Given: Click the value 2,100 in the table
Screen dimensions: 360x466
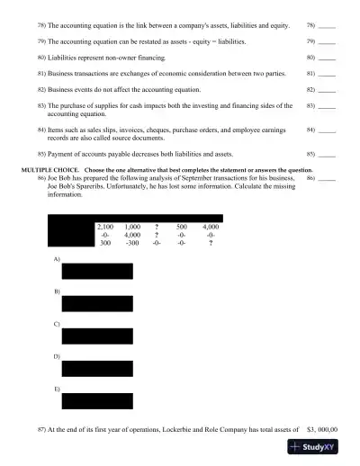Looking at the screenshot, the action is [x=105, y=228].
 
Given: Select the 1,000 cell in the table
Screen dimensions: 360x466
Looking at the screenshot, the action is [x=133, y=228].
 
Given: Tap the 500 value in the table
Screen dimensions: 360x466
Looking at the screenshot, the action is [x=182, y=228].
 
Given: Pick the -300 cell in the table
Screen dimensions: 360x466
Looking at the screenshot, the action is [x=132, y=243].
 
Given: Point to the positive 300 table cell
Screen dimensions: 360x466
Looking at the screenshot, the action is [x=105, y=243].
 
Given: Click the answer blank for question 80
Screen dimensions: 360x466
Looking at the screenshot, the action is [x=327, y=57].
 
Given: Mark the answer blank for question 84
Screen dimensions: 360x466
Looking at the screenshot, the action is [x=327, y=131].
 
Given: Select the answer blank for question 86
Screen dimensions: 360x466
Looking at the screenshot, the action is [x=327, y=178].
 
